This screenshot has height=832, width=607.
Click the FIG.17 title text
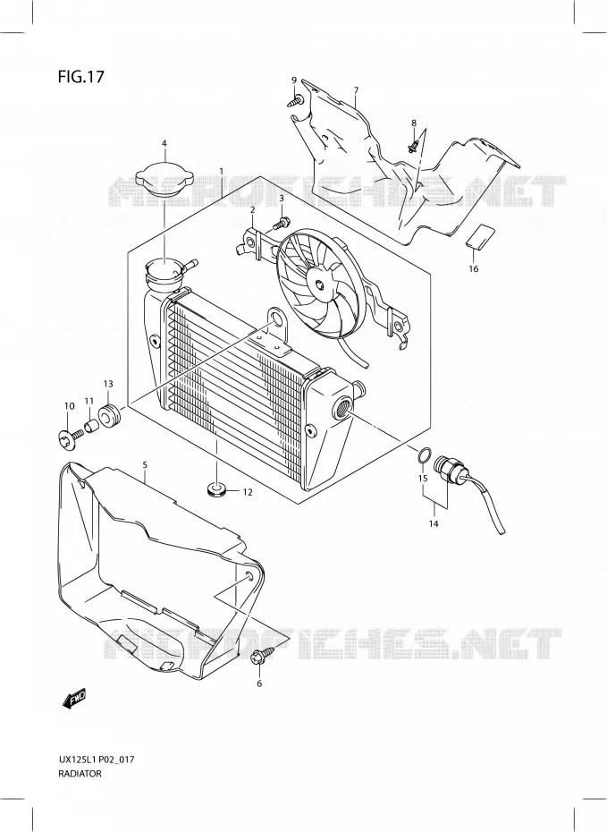(80, 77)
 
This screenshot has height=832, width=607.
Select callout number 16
(474, 269)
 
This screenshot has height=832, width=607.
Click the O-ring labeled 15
(424, 455)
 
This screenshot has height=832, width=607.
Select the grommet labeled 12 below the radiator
(215, 489)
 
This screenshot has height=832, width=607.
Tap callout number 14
(434, 524)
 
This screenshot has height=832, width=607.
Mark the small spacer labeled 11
(92, 426)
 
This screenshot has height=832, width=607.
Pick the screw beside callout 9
(296, 101)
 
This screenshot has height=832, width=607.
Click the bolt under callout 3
(280, 224)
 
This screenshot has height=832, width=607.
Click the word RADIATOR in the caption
(80, 774)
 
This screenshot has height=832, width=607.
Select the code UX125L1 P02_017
(96, 760)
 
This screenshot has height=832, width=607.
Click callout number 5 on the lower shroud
(145, 465)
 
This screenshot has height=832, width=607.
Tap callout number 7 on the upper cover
(357, 90)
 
